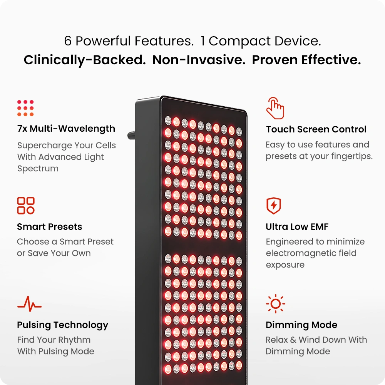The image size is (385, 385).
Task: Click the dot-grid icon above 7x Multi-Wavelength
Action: click(25, 108)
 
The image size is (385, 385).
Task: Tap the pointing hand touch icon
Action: click(275, 108)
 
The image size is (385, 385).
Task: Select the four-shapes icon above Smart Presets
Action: click(26, 206)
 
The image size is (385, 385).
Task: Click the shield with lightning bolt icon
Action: click(273, 206)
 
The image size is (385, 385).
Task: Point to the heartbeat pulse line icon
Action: click(30, 304)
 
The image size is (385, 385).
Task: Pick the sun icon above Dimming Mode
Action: click(276, 304)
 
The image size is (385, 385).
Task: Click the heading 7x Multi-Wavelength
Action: click(66, 129)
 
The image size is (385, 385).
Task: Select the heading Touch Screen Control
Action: click(316, 129)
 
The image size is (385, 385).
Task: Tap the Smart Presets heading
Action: click(50, 227)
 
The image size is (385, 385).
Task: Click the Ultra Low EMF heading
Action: click(297, 227)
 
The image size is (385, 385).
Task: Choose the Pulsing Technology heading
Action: click(63, 325)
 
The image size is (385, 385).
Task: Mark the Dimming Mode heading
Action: click(301, 325)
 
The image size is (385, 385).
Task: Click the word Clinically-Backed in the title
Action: click(85, 60)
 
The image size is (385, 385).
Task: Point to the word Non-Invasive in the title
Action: click(199, 60)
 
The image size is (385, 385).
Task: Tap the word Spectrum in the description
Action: click(38, 169)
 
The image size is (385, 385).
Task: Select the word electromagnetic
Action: click(311, 253)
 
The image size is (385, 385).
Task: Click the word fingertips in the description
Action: click(353, 156)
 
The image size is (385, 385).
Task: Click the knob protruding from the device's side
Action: click(131, 135)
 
